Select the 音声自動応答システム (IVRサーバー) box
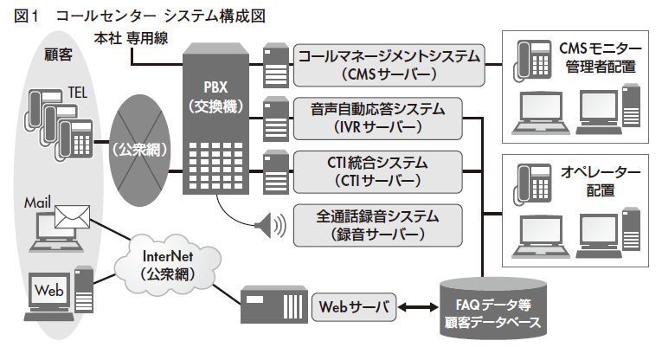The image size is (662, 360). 377,118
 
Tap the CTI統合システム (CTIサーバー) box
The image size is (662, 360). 377,170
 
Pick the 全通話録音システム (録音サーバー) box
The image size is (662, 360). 377,223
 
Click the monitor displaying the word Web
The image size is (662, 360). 50,293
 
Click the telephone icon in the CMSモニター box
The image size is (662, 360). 530,58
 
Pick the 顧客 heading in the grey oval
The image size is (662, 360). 57,55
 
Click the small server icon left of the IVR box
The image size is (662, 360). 274,113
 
